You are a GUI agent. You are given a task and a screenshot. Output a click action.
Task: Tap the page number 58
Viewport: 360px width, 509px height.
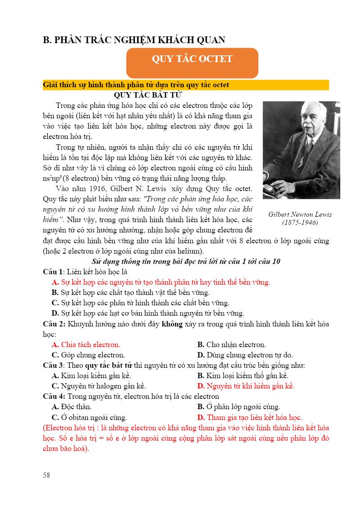47,474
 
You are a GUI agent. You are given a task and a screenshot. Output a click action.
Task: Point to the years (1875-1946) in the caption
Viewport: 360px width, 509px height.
300,223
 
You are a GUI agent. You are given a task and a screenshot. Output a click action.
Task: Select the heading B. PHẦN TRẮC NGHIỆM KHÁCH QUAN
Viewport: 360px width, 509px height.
134,40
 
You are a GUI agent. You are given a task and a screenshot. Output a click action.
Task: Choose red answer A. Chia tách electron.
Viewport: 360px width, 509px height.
86,345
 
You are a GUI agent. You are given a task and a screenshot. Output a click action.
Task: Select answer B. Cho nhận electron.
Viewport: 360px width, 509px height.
231,345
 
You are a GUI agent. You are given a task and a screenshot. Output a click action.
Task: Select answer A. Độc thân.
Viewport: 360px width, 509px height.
72,406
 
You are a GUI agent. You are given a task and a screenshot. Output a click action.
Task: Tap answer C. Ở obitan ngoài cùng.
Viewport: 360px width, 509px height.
89,417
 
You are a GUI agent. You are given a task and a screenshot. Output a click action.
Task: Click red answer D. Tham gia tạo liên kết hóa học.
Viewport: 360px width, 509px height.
249,417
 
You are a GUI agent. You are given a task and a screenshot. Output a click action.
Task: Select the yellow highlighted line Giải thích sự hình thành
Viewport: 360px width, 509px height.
136,85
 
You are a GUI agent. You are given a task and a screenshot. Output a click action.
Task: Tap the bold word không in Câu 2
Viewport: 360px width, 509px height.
171,324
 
